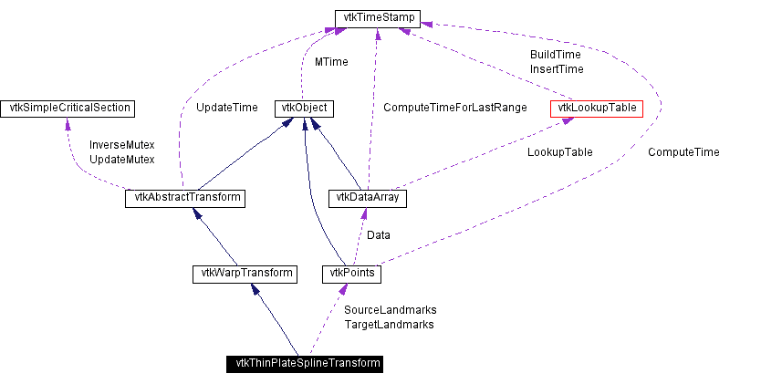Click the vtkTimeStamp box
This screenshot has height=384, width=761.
click(378, 17)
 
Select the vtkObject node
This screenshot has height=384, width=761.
click(303, 109)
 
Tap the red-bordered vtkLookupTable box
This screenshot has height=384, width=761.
click(598, 109)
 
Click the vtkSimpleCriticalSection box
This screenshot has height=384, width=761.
click(68, 109)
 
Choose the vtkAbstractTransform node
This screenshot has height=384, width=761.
click(185, 198)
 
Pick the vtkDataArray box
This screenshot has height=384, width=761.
click(366, 198)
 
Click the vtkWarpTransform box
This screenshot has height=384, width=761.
click(244, 273)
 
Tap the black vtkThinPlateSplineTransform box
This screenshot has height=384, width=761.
click(305, 364)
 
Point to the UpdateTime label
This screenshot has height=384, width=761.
click(227, 108)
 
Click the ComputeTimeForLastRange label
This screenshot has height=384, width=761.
click(454, 108)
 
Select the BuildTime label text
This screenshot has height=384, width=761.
click(555, 55)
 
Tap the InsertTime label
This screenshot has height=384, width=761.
click(556, 68)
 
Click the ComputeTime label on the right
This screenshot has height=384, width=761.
click(683, 152)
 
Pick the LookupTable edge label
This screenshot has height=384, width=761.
click(559, 152)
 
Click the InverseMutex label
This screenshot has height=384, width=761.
click(121, 145)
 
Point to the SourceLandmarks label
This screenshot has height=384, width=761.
click(390, 310)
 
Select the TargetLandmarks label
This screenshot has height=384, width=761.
click(389, 324)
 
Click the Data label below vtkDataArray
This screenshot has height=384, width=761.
click(379, 235)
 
